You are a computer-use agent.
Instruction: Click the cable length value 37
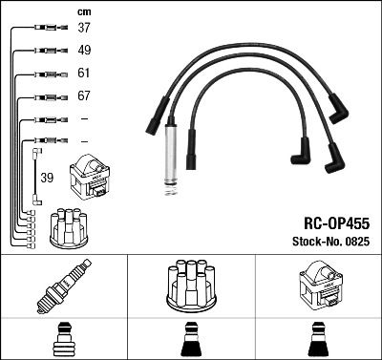tap(84, 28)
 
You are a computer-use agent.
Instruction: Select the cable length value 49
tap(84, 50)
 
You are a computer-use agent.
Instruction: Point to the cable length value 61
tap(84, 74)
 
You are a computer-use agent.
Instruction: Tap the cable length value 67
tap(84, 96)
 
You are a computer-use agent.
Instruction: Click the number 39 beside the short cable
tap(47, 178)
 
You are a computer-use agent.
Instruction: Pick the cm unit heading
tap(83, 11)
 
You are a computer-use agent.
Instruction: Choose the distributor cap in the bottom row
tap(190, 285)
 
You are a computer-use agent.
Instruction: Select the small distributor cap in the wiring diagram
tap(71, 225)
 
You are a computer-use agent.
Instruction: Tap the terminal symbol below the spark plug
tap(63, 340)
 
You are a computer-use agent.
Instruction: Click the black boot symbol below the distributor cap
tap(190, 341)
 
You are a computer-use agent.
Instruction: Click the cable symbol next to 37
tap(46, 28)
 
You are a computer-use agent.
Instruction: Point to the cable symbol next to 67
tap(46, 96)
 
